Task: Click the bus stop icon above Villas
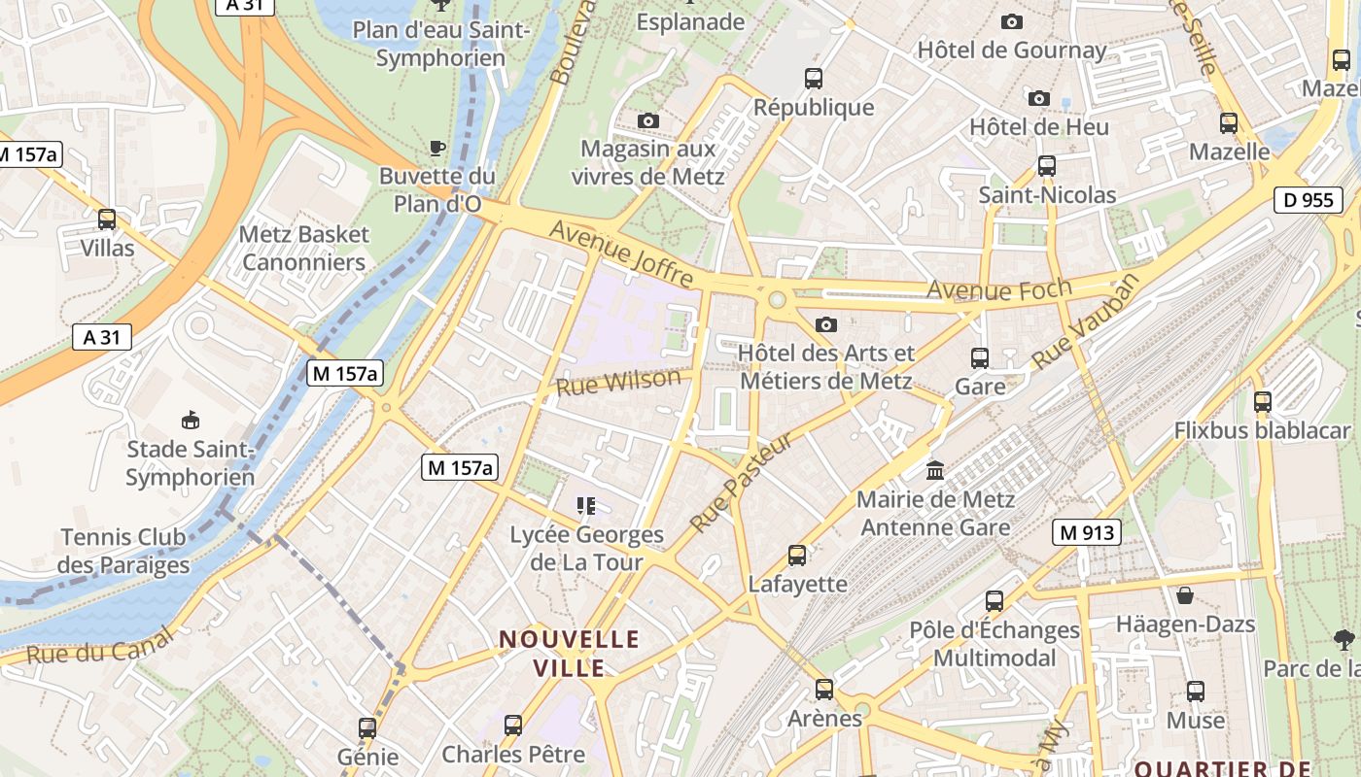(107, 220)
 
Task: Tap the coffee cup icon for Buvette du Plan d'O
(437, 149)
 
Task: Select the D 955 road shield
(1308, 200)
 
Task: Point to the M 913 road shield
(1086, 532)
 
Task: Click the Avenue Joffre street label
(622, 254)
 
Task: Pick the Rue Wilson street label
(618, 382)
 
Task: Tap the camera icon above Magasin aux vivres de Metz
(648, 121)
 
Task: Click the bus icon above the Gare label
(980, 358)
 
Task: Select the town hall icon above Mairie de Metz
(935, 471)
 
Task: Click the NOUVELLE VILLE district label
(570, 654)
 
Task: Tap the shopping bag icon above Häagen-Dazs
(1185, 594)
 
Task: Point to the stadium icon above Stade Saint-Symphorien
(190, 421)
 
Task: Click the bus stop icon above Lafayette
(797, 556)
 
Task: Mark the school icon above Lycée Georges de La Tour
(586, 505)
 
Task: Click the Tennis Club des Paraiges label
(123, 551)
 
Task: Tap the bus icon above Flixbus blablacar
(1262, 401)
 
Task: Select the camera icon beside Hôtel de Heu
(1039, 98)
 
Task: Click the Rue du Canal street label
(99, 646)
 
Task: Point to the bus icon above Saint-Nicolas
(1047, 166)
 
